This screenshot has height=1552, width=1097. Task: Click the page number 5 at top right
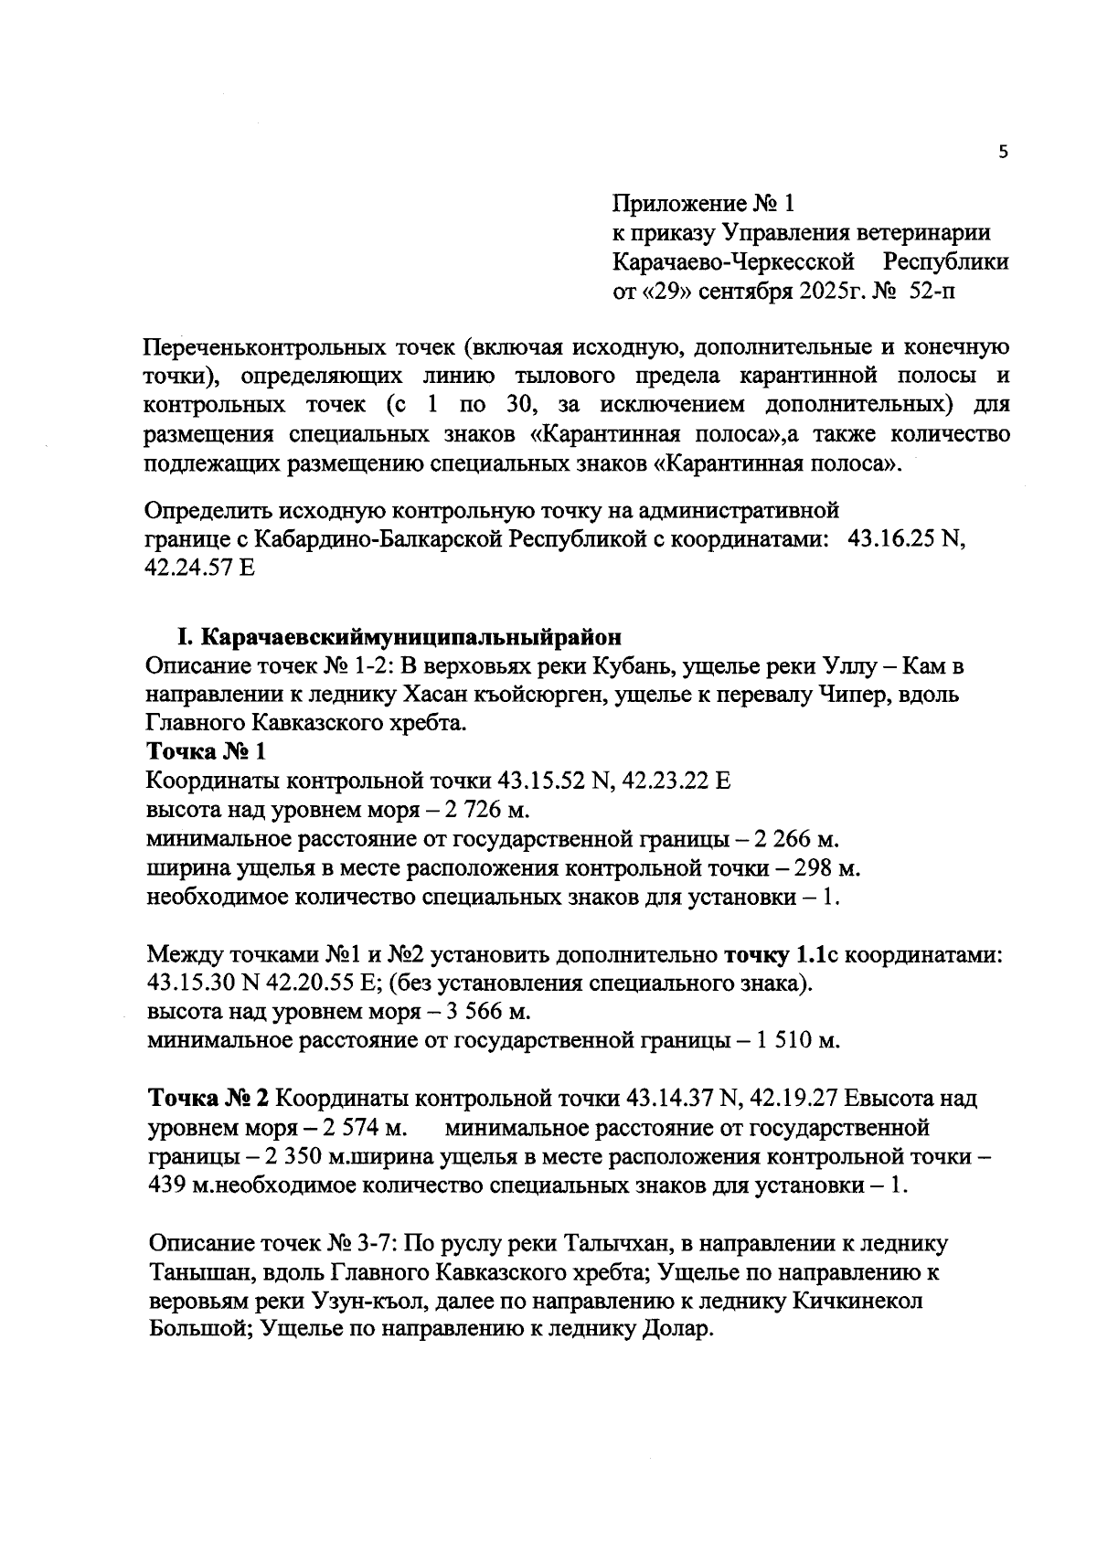pyautogui.click(x=1003, y=153)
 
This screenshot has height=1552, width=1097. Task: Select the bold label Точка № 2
pyautogui.click(x=208, y=1098)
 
